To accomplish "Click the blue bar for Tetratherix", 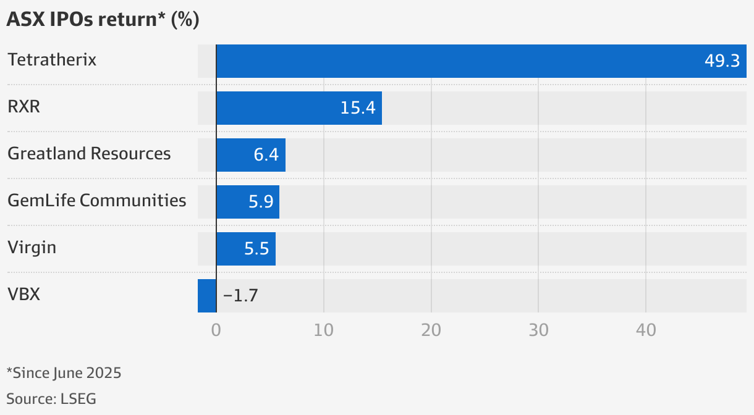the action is coord(481,61).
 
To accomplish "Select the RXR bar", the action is coord(299,108).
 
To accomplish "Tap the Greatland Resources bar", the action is coord(251,155).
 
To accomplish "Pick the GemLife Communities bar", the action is coord(248,202).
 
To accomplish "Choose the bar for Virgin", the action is coord(246,249).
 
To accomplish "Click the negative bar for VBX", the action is coord(207,296).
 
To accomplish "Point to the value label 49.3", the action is coord(722,61).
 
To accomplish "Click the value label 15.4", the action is coord(358,108).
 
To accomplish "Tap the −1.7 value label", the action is coord(240,296).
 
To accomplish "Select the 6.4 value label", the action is coord(266,155).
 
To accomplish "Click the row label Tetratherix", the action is coord(52,60).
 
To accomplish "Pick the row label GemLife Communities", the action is coord(97,201).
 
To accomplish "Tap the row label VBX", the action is coord(23,294).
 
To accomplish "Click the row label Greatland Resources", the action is coord(89,154).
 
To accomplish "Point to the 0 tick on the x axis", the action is coord(216,330).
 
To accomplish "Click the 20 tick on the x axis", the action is coord(431,330).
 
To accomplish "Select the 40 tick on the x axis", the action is coord(646,330).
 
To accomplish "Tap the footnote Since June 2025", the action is coord(67,373).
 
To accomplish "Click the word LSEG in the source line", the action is coord(78,399).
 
